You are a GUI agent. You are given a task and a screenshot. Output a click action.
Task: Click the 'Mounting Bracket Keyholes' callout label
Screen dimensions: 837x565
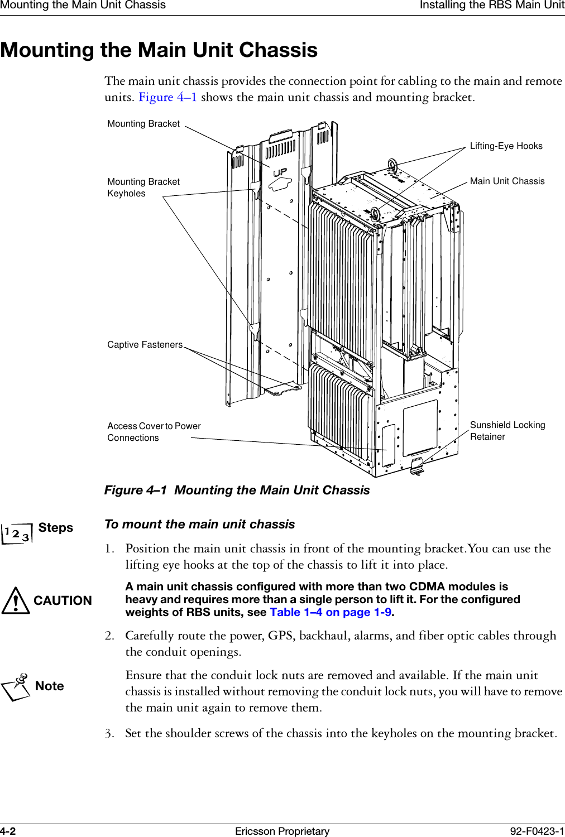click(x=143, y=187)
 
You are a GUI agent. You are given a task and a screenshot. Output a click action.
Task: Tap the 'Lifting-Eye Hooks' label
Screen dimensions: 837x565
click(x=506, y=146)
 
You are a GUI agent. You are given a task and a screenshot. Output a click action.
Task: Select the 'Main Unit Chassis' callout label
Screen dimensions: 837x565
click(x=507, y=181)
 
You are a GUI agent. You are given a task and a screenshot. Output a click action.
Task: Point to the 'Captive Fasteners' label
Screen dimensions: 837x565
click(x=145, y=345)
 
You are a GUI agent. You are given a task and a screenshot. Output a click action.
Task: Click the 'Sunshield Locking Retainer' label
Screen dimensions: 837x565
click(x=507, y=431)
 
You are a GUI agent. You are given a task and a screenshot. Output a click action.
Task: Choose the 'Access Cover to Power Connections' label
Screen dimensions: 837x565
click(x=154, y=432)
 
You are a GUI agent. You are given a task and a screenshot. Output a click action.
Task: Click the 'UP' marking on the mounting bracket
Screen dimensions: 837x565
click(x=280, y=173)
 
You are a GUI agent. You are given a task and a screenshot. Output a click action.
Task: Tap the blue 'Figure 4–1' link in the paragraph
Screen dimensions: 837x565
click(x=167, y=97)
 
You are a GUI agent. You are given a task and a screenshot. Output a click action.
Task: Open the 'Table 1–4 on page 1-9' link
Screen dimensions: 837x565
click(x=331, y=612)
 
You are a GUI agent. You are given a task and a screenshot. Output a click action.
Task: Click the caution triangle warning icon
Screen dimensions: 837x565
click(x=16, y=601)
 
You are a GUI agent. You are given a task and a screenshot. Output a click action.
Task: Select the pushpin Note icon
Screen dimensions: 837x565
click(x=17, y=687)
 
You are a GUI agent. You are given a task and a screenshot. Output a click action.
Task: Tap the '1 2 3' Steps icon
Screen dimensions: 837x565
click(x=17, y=533)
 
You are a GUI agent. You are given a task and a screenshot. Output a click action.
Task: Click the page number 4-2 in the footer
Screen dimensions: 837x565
click(x=8, y=831)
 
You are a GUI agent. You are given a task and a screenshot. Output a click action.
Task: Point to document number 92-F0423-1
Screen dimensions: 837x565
click(x=537, y=831)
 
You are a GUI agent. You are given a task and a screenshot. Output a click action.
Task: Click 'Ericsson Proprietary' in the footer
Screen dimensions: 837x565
click(x=282, y=831)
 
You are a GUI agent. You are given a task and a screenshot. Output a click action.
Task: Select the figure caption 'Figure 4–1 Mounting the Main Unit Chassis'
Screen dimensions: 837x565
click(x=237, y=490)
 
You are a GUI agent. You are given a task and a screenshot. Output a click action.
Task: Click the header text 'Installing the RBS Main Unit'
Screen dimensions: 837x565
click(x=492, y=6)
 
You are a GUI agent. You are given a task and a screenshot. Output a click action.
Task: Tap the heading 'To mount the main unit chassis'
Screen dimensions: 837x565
click(x=199, y=525)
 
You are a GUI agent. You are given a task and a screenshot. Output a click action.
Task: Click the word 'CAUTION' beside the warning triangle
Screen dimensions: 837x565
click(x=63, y=601)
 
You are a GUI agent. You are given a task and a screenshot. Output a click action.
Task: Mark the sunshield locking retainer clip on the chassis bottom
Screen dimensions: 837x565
click(x=417, y=465)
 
